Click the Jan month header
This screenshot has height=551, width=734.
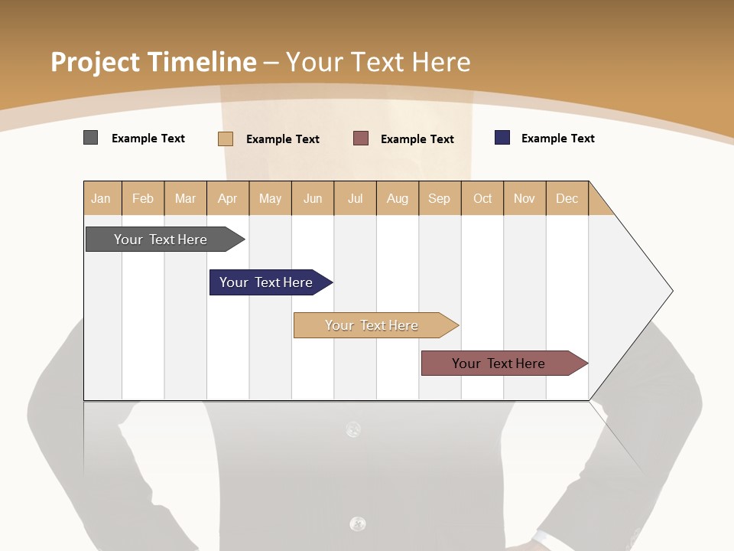[102, 198]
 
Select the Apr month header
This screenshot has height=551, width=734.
[228, 198]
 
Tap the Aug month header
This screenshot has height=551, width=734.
[398, 198]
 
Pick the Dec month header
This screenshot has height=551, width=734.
[567, 198]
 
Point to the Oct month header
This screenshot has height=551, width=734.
[482, 198]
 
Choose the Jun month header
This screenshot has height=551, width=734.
[313, 198]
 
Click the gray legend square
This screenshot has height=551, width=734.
[91, 138]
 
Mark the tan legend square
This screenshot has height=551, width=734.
[226, 139]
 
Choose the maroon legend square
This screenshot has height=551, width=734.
[361, 139]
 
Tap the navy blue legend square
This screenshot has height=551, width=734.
[502, 138]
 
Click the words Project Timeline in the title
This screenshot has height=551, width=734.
[154, 62]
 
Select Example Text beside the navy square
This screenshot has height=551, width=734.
[558, 139]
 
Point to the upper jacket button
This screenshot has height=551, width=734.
[353, 429]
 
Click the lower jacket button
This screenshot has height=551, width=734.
[357, 523]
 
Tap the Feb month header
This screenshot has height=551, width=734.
[143, 198]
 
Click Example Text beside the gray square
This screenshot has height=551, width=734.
[148, 139]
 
